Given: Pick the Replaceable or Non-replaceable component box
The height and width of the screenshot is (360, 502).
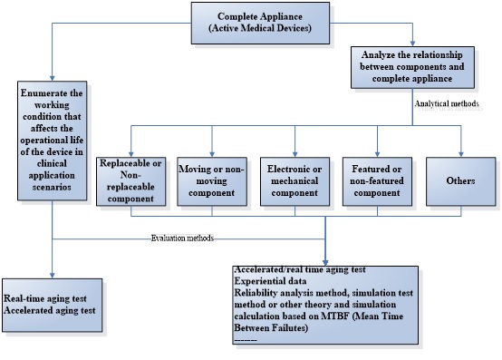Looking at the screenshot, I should point(130,180).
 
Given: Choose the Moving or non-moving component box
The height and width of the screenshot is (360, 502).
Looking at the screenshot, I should point(211,180).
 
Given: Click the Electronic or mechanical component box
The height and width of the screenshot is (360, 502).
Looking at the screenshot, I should point(291,180).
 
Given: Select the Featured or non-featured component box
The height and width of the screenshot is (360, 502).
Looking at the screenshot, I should point(373,180).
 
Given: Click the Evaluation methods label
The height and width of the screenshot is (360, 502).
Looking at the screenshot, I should point(181,238).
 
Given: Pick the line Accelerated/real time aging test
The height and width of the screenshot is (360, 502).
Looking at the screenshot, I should point(299,271).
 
